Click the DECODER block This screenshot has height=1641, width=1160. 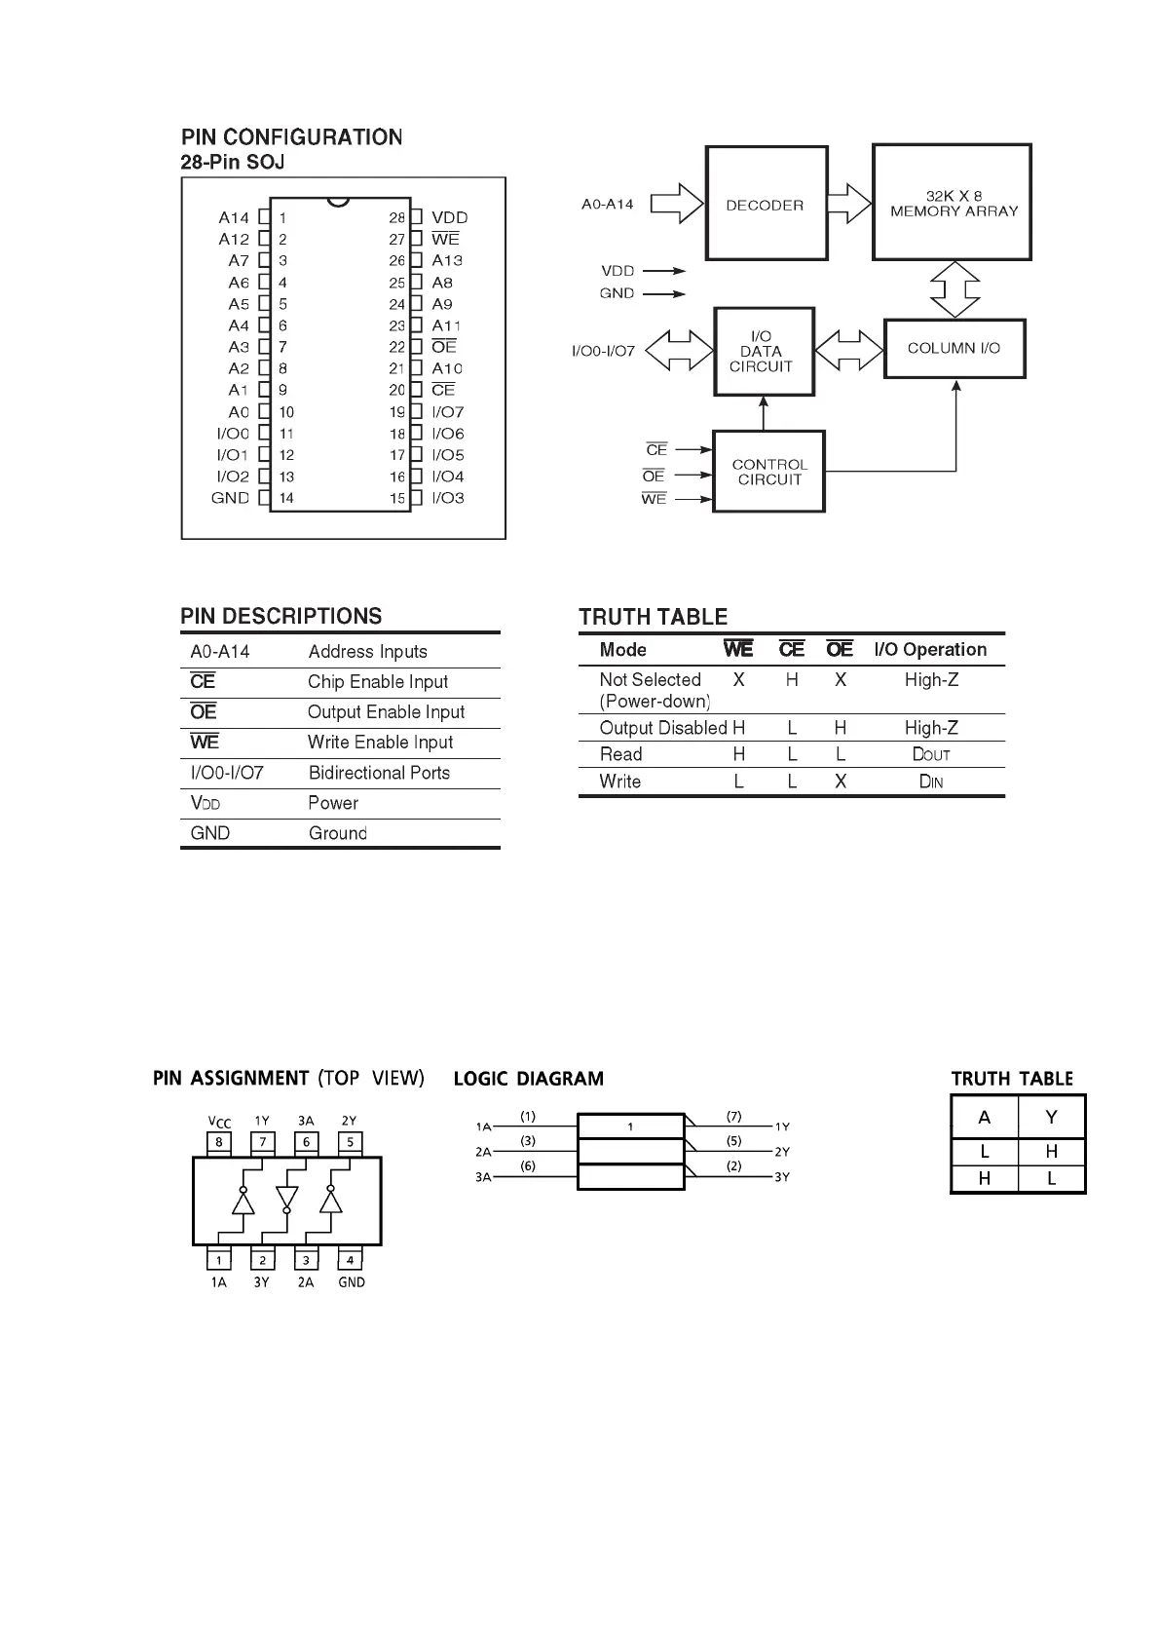(x=766, y=204)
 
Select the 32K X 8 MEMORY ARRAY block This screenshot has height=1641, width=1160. (x=952, y=203)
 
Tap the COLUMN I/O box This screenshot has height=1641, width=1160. (x=954, y=348)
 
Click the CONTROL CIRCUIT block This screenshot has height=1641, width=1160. (x=768, y=472)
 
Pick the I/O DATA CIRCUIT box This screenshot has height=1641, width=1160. (x=763, y=352)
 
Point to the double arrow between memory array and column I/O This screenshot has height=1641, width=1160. (x=954, y=289)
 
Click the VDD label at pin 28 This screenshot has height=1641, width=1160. (x=449, y=217)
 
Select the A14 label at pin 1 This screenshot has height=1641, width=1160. (x=234, y=217)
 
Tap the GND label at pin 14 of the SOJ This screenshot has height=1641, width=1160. (x=231, y=498)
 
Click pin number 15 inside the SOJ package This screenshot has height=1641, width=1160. (x=397, y=498)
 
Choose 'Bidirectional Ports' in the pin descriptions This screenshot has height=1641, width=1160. (x=379, y=773)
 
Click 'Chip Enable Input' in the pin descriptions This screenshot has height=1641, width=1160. (x=378, y=682)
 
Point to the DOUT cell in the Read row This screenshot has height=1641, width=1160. (x=930, y=754)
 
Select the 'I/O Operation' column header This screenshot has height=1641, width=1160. (x=929, y=650)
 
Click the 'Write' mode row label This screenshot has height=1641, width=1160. (x=620, y=782)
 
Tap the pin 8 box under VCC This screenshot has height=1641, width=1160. (x=219, y=1142)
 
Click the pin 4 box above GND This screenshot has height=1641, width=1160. (x=350, y=1260)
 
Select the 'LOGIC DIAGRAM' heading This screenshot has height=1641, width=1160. (x=528, y=1079)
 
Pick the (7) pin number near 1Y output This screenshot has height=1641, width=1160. (x=733, y=1116)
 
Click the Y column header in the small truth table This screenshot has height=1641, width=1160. (x=1051, y=1117)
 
